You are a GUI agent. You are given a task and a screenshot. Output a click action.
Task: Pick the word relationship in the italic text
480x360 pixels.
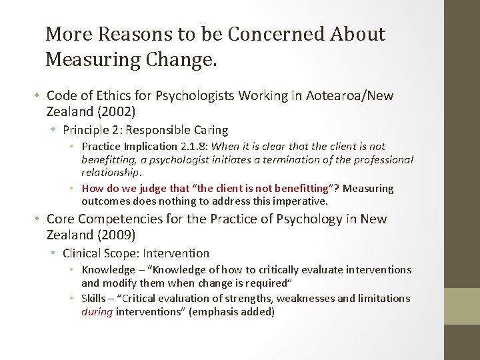[111, 172]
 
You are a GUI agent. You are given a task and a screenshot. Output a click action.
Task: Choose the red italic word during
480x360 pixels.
[97, 311]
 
